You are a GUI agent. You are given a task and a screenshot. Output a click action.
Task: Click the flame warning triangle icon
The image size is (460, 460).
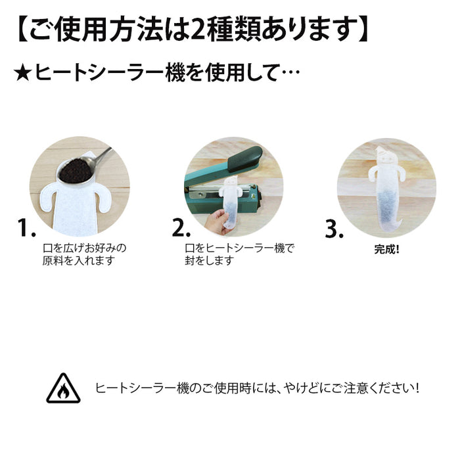(x=63, y=388)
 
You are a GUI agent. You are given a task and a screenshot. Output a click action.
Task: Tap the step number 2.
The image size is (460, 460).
(x=181, y=229)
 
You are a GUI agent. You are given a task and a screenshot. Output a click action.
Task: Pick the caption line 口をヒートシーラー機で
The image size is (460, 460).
(x=240, y=248)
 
